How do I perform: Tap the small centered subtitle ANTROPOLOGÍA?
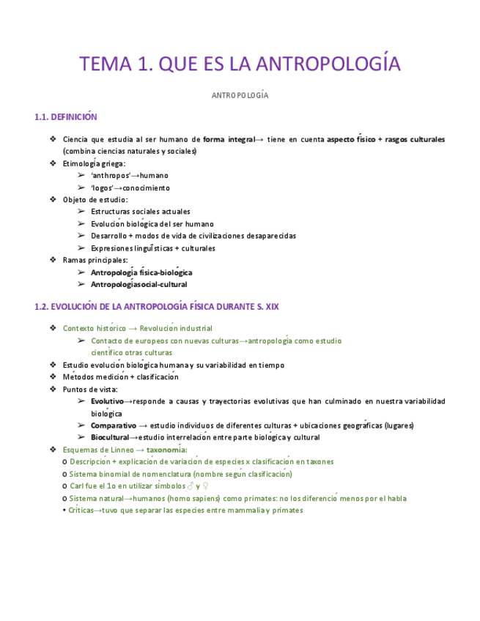tap(240, 96)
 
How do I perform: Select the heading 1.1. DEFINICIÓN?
tap(66, 117)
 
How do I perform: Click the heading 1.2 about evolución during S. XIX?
tap(156, 308)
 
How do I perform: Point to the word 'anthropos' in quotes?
tap(111, 176)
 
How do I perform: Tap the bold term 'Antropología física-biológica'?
tap(141, 272)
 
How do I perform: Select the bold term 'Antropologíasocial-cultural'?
tap(139, 284)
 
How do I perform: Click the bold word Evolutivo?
tap(108, 401)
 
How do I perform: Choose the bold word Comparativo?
tap(114, 425)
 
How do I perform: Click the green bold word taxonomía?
tap(166, 450)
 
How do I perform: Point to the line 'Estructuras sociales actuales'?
tap(141, 212)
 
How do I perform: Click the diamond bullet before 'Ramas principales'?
tap(53, 260)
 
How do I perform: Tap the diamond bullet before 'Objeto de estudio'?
tap(53, 199)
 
